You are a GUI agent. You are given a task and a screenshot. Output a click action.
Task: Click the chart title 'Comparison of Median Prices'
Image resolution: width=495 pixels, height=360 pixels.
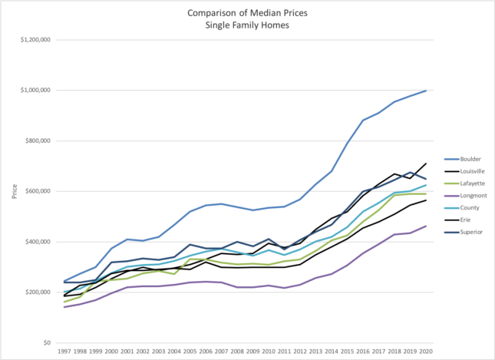coord(248,13)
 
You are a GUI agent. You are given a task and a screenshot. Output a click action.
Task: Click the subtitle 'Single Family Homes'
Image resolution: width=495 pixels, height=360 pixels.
coord(248,25)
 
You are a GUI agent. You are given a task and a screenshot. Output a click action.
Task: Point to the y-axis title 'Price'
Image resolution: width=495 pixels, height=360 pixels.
coord(15,192)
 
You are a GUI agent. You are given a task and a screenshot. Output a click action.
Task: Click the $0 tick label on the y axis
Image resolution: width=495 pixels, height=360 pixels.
coord(47,342)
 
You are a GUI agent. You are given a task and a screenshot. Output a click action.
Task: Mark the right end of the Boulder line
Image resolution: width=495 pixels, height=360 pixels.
coord(427,90)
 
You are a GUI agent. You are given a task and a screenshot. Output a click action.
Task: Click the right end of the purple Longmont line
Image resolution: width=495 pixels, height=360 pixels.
coord(427,226)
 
